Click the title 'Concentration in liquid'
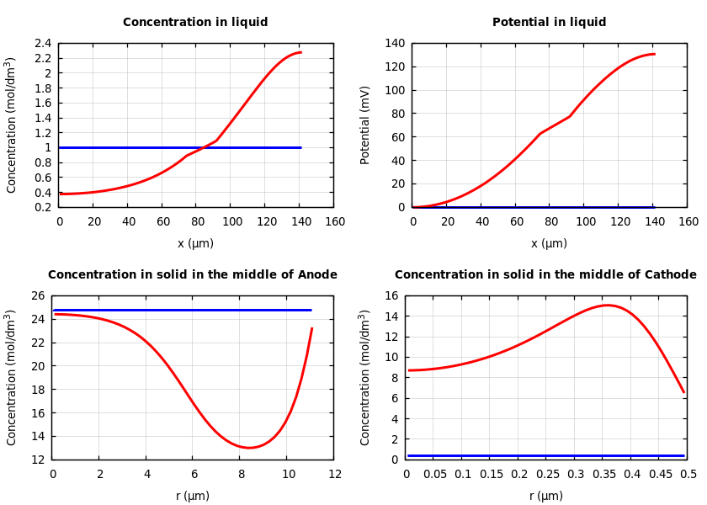coord(195,23)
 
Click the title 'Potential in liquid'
coord(549,23)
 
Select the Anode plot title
coord(192,275)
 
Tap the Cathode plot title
coord(545,275)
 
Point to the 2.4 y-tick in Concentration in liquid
coord(42,44)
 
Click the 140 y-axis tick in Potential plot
coord(394,44)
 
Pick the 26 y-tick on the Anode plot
coord(37,296)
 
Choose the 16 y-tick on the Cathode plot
coord(391,296)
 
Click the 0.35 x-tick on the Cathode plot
coord(603,475)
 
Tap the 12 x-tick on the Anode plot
coord(335,475)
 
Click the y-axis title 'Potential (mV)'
coord(365,125)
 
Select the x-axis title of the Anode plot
coord(193,496)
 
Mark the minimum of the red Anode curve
coord(249,448)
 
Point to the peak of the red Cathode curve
coord(607,306)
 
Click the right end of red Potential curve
coord(654,54)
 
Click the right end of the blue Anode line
coord(311,310)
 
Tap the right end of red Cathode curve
coord(683,391)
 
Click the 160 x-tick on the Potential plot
coord(688,221)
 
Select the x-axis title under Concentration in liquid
coord(195,243)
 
